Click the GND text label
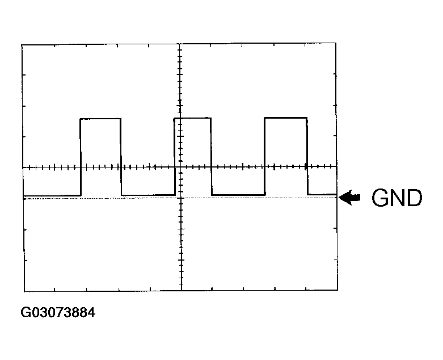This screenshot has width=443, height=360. (396, 198)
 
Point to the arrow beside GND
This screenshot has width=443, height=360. (349, 198)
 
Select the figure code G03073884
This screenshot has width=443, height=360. (58, 312)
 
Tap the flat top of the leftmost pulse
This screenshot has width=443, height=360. (100, 119)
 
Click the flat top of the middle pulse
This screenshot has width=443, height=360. (192, 118)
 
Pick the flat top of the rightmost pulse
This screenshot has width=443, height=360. (286, 118)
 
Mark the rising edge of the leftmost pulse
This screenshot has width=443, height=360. (81, 157)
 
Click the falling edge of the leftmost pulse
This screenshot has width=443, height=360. (121, 157)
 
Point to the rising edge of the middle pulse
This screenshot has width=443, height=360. (175, 156)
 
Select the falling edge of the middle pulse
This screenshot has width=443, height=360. (212, 156)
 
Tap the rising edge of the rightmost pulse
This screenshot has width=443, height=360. (265, 156)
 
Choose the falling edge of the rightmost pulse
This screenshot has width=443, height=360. (307, 156)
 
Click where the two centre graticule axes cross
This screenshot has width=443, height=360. (180, 167)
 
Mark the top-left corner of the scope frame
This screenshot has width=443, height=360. (22, 45)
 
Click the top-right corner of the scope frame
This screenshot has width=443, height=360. (336, 43)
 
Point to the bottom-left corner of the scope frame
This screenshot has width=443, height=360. (24, 291)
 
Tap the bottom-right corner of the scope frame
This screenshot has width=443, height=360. (337, 290)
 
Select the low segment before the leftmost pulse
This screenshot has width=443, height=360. (52, 195)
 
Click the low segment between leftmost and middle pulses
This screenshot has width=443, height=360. (148, 195)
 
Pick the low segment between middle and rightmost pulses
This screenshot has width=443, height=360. (238, 195)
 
